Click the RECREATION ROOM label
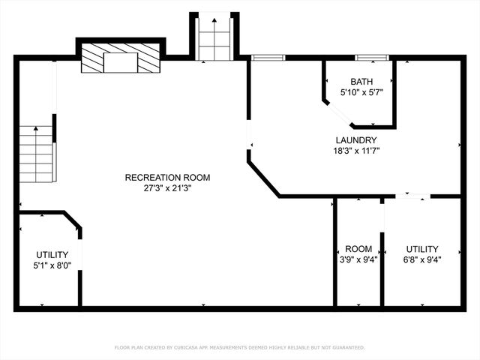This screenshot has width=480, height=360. coord(167,178)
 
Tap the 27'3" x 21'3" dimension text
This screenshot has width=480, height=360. coord(167,188)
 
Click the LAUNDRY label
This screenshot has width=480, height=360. coord(355,140)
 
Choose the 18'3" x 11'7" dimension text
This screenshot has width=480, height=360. coord(355,151)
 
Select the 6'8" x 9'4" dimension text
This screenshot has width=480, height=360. coord(422,260)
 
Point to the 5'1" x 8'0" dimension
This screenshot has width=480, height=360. coord(52,265)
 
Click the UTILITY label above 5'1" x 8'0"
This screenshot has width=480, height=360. coord(52,254)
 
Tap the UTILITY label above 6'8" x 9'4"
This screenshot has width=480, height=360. coord(422,249)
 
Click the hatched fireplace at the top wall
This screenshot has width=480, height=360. coord(121,58)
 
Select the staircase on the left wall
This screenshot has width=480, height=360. coord(38,154)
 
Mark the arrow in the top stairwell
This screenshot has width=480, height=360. coord(214,22)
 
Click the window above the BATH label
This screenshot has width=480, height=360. coord(371,57)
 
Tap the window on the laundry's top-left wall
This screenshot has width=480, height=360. coord(268,57)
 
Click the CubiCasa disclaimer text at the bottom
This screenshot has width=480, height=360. coord(239,347)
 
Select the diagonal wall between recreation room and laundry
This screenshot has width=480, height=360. coord(263,178)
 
